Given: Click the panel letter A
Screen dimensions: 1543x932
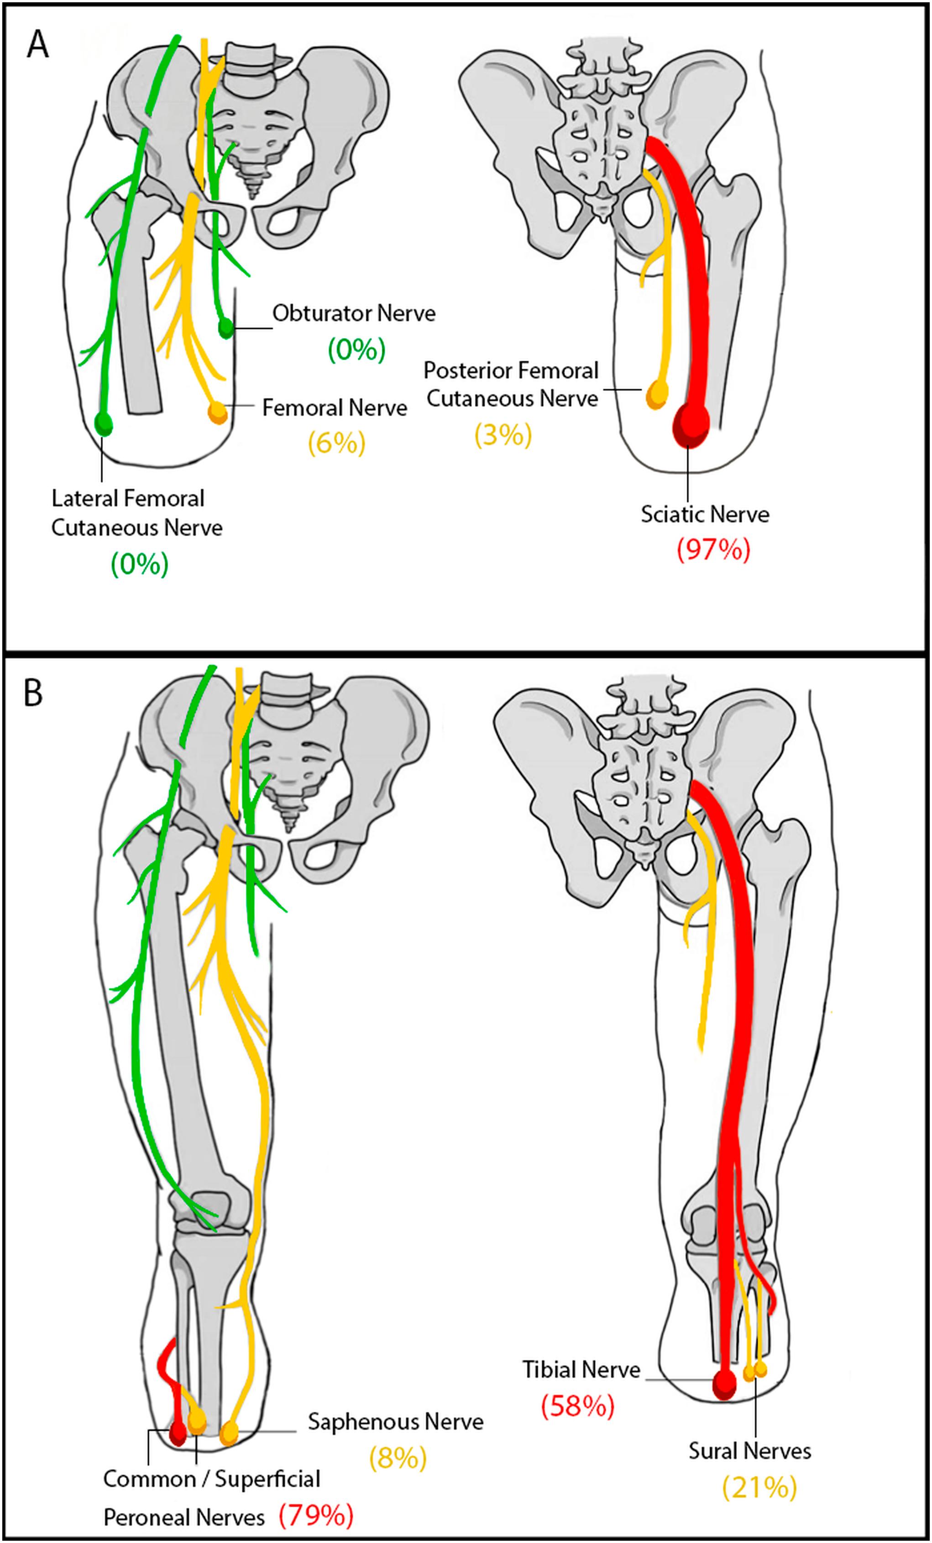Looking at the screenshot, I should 37,45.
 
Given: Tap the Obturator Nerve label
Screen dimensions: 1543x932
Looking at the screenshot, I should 354,313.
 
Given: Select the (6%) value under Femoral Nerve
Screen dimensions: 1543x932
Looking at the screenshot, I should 336,444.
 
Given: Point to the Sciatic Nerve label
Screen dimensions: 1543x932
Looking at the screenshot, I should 705,514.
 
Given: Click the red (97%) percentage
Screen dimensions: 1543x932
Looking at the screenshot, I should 713,550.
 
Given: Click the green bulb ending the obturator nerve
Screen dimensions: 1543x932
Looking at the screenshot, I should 225,328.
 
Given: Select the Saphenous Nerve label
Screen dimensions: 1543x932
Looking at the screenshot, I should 396,1421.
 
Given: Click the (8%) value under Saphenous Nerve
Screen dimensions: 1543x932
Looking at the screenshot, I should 398,1458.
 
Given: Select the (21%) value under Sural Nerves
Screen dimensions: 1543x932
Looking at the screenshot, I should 759,1487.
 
